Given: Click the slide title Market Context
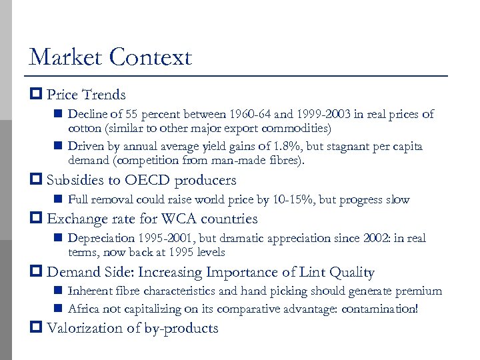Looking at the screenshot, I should coord(110,57).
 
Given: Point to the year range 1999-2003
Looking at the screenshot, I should coord(310,114).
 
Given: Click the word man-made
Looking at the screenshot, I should coord(257,160).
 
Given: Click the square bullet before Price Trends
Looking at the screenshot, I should coord(37,95).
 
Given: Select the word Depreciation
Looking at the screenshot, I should coord(102,239).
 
